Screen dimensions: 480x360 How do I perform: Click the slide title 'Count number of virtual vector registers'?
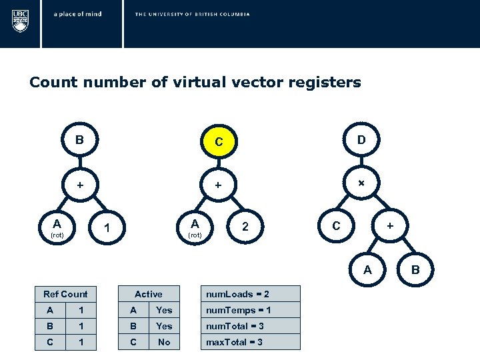point(195,83)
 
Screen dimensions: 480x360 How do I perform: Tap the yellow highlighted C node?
point(217,142)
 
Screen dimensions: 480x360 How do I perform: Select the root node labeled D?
point(361,140)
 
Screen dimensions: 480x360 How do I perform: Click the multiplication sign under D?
point(361,183)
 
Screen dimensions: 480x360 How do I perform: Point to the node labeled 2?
point(245,227)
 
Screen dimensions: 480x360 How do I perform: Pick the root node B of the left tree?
point(79,140)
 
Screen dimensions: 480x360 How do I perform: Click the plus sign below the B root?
point(79,184)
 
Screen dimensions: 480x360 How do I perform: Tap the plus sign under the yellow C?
point(217,184)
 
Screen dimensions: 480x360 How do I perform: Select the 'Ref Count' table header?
point(65,294)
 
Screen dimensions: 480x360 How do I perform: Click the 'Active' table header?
point(148,294)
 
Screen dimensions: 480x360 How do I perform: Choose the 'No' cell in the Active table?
point(164,342)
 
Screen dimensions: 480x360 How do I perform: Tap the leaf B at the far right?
point(415,269)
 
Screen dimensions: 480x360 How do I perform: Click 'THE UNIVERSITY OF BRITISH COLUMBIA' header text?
point(192,14)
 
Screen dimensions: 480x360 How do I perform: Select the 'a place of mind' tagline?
point(78,14)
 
